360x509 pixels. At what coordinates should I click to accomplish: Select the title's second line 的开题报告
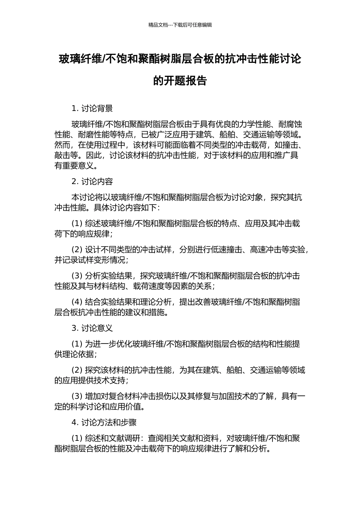pyautogui.click(x=180, y=81)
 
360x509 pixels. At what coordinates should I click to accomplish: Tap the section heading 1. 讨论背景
pyautogui.click(x=92, y=108)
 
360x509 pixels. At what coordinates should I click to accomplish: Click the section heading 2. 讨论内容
pyautogui.click(x=92, y=181)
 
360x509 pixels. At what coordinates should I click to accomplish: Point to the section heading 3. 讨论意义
pyautogui.click(x=92, y=328)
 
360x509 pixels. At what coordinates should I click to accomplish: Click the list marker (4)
pyautogui.click(x=77, y=302)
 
